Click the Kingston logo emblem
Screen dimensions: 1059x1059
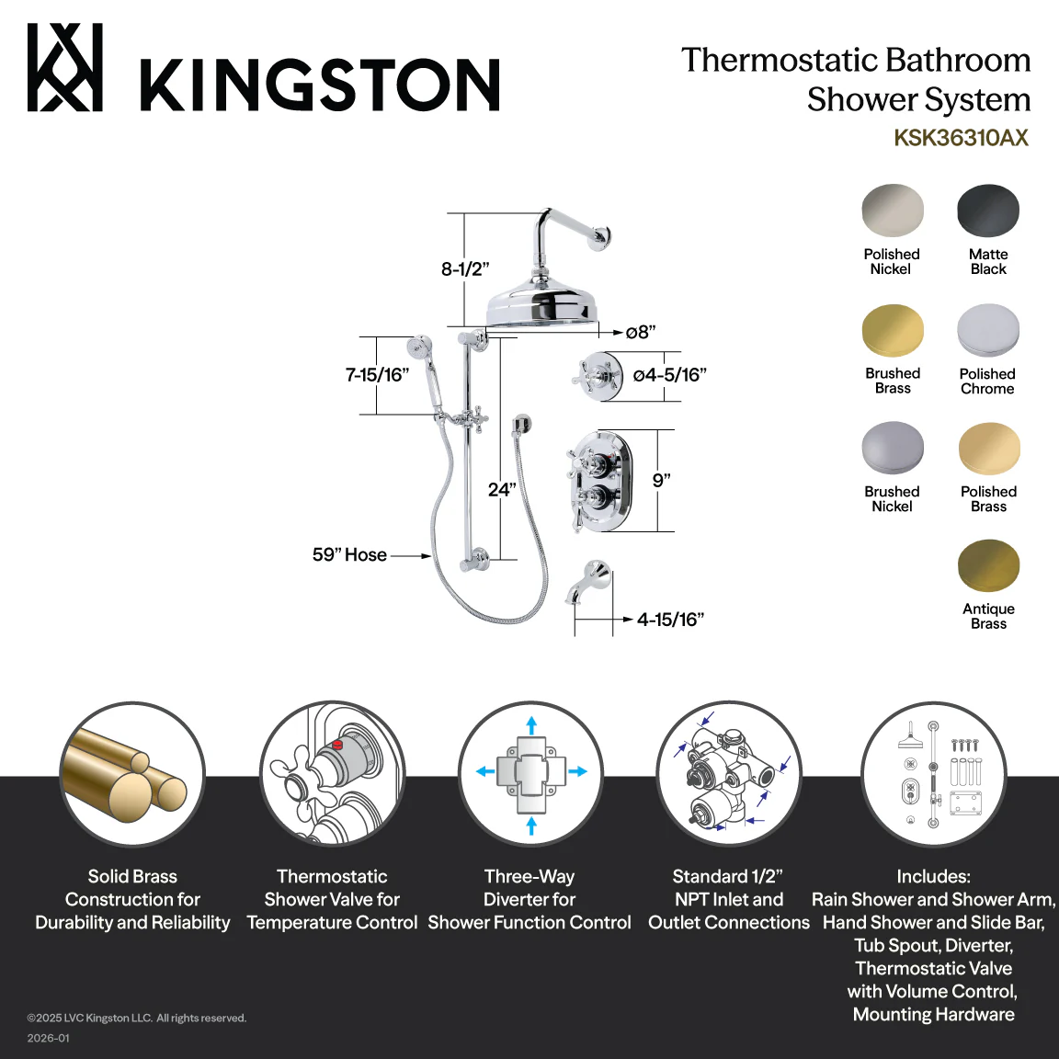(x=65, y=67)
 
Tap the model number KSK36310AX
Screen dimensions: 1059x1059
(x=961, y=138)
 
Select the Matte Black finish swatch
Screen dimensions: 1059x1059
(x=988, y=211)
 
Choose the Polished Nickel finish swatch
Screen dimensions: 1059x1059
(x=893, y=211)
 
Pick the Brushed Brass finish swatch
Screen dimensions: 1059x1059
(x=893, y=330)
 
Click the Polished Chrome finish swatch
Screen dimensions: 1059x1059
(x=988, y=330)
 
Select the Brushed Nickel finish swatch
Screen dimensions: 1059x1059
(x=893, y=449)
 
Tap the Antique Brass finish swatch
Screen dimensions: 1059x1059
(x=989, y=566)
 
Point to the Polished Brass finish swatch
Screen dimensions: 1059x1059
(x=989, y=449)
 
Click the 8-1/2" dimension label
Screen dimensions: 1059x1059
(x=464, y=268)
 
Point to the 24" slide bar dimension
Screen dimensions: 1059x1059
(x=502, y=490)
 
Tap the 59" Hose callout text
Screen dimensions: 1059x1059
(x=349, y=555)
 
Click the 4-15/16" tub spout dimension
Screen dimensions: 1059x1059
(x=670, y=620)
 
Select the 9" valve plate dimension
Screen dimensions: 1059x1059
(x=661, y=480)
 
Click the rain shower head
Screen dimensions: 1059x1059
(x=541, y=305)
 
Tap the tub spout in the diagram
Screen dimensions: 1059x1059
(x=588, y=581)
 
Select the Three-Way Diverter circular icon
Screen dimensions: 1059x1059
(x=530, y=773)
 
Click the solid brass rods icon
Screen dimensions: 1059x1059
(x=132, y=773)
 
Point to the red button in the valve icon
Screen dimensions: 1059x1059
(x=337, y=745)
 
